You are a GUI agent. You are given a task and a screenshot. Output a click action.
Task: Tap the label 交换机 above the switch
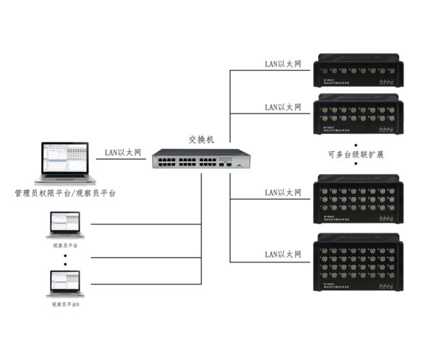click(x=202, y=137)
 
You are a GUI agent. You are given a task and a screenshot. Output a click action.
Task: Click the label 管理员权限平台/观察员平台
click(x=65, y=194)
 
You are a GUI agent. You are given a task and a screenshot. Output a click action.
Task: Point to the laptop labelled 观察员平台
click(x=65, y=226)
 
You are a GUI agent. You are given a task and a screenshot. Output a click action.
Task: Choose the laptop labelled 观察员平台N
click(x=65, y=283)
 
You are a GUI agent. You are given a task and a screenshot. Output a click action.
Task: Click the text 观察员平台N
click(x=65, y=305)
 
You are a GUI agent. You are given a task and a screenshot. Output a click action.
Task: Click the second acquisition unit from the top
click(x=358, y=115)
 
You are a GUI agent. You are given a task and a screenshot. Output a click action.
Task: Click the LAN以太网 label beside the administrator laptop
click(x=124, y=152)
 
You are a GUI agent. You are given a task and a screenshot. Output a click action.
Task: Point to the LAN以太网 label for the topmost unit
click(x=283, y=64)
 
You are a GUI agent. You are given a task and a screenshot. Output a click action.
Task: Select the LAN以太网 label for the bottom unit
click(x=283, y=254)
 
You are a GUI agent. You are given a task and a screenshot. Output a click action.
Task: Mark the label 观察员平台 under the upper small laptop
click(x=65, y=245)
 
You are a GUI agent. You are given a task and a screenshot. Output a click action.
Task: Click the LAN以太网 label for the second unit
click(x=283, y=106)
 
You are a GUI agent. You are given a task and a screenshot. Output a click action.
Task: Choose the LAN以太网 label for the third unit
click(x=283, y=192)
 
